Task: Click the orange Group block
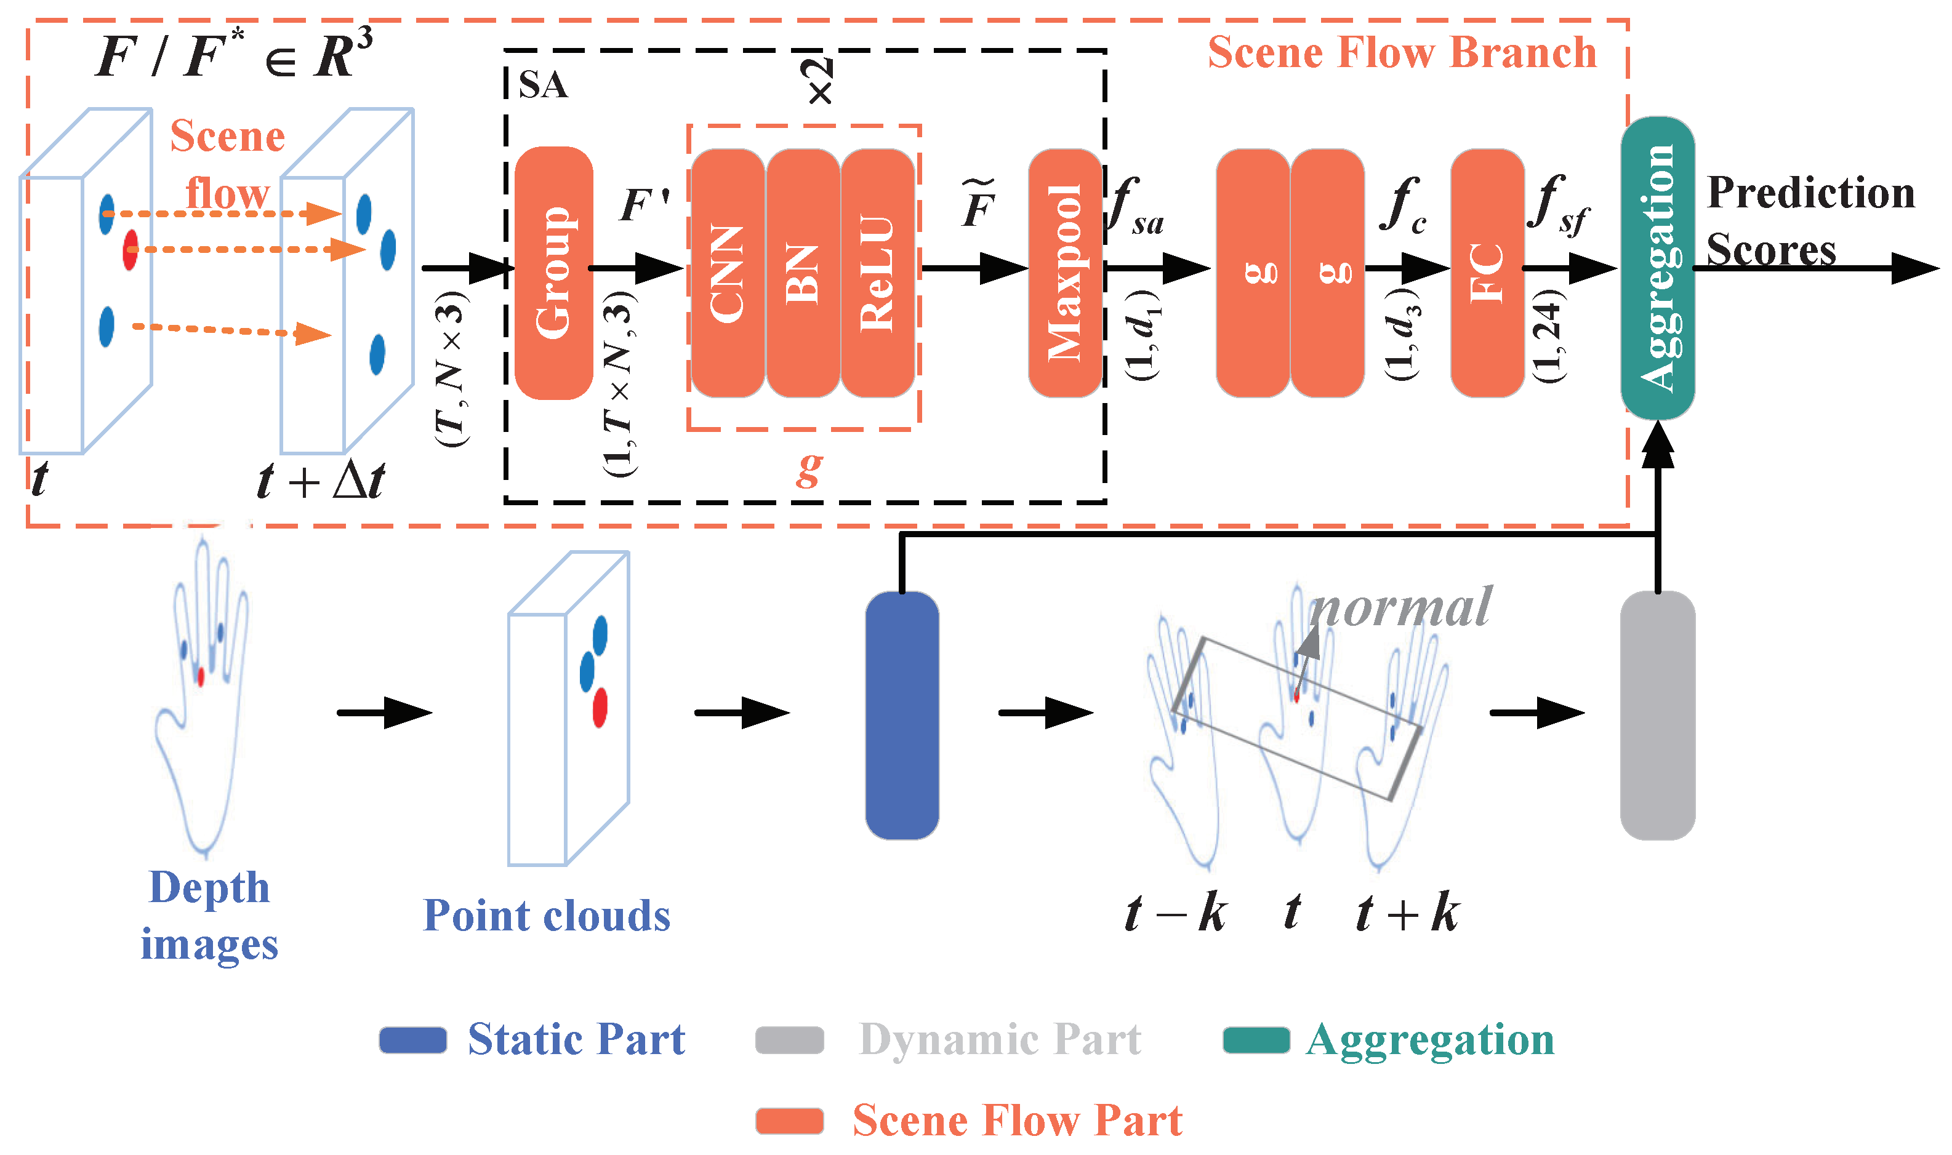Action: click(x=553, y=273)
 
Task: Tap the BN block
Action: click(x=803, y=273)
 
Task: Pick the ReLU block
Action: click(x=877, y=273)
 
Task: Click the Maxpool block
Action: click(x=1065, y=273)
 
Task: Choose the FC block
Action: click(x=1487, y=273)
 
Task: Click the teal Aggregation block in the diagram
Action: click(x=1658, y=268)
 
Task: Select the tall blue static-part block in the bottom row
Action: click(x=902, y=715)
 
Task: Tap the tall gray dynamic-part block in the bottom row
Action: click(x=1658, y=715)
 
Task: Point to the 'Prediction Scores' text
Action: click(x=1810, y=221)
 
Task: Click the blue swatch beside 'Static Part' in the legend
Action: click(x=412, y=1040)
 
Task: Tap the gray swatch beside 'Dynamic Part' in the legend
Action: click(x=790, y=1040)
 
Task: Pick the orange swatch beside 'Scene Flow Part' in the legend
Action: click(x=790, y=1121)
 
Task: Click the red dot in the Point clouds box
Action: click(x=600, y=708)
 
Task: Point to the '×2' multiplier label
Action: click(x=819, y=81)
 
